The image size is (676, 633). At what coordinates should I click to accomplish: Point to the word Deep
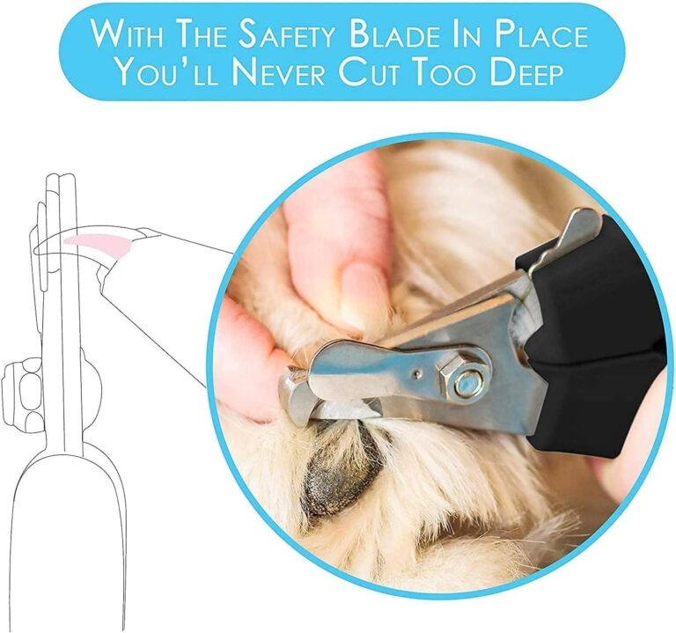point(517,73)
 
